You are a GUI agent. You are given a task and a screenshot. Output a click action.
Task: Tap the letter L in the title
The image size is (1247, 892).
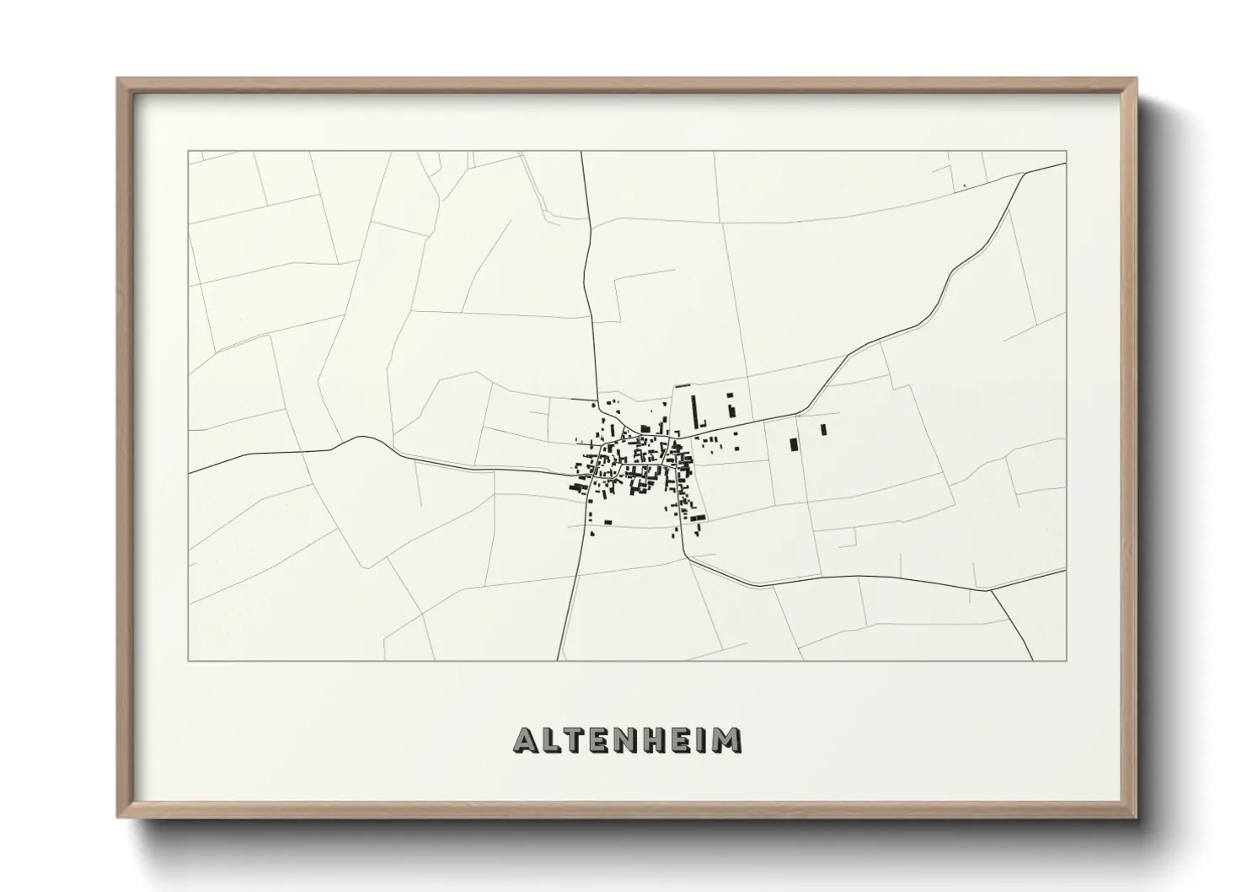click(549, 740)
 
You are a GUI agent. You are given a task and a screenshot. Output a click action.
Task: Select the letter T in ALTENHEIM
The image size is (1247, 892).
click(574, 740)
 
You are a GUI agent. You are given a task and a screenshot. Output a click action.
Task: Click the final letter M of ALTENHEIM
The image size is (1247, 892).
click(725, 740)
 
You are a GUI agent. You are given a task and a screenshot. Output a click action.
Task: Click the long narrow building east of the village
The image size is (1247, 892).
click(696, 411)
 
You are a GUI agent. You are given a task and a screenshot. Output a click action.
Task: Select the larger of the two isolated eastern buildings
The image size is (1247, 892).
click(793, 444)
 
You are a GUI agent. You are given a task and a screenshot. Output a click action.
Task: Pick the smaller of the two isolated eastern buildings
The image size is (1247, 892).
click(823, 429)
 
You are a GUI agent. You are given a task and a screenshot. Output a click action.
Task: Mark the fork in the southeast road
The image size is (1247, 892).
click(991, 589)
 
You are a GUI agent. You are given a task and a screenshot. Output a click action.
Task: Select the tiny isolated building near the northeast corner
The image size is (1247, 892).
click(964, 186)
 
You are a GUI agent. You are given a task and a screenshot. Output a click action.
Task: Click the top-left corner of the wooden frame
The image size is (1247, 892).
click(118, 79)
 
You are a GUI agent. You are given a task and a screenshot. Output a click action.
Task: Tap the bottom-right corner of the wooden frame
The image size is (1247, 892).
click(1137, 818)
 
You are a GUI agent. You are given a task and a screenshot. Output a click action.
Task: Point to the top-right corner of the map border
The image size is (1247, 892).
click(1067, 152)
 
